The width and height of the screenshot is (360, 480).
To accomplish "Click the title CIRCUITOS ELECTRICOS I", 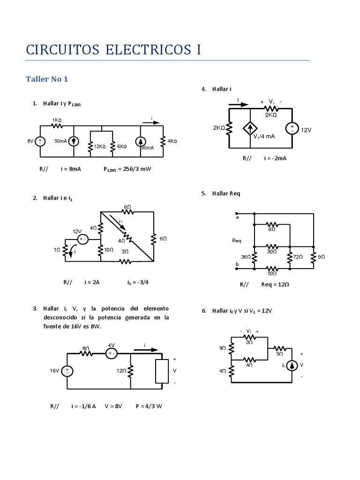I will point(113,50).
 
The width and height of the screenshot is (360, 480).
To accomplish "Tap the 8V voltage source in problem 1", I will point(40,141).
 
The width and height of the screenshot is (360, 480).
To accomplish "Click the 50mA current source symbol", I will point(74,141).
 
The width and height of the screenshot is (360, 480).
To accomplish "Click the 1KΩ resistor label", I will point(57,120).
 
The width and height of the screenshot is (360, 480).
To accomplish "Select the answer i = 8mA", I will point(71,169).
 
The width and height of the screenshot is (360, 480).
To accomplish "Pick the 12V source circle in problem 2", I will point(83,240).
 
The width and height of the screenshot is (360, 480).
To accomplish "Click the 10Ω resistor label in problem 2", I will point(109,250).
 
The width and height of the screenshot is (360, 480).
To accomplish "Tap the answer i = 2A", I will point(92,282).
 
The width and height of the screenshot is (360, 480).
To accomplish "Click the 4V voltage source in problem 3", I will point(112,353).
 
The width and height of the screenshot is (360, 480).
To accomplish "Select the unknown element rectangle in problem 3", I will point(162,371).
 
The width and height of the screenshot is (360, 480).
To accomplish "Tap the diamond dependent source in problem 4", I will point(249,128).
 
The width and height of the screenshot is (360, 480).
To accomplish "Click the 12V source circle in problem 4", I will point(292,128).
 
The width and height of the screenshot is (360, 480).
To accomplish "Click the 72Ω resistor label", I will point(299,257).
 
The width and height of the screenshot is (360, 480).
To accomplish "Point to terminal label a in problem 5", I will point(237,217).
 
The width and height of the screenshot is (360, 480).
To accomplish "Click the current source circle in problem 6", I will point(292,365).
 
